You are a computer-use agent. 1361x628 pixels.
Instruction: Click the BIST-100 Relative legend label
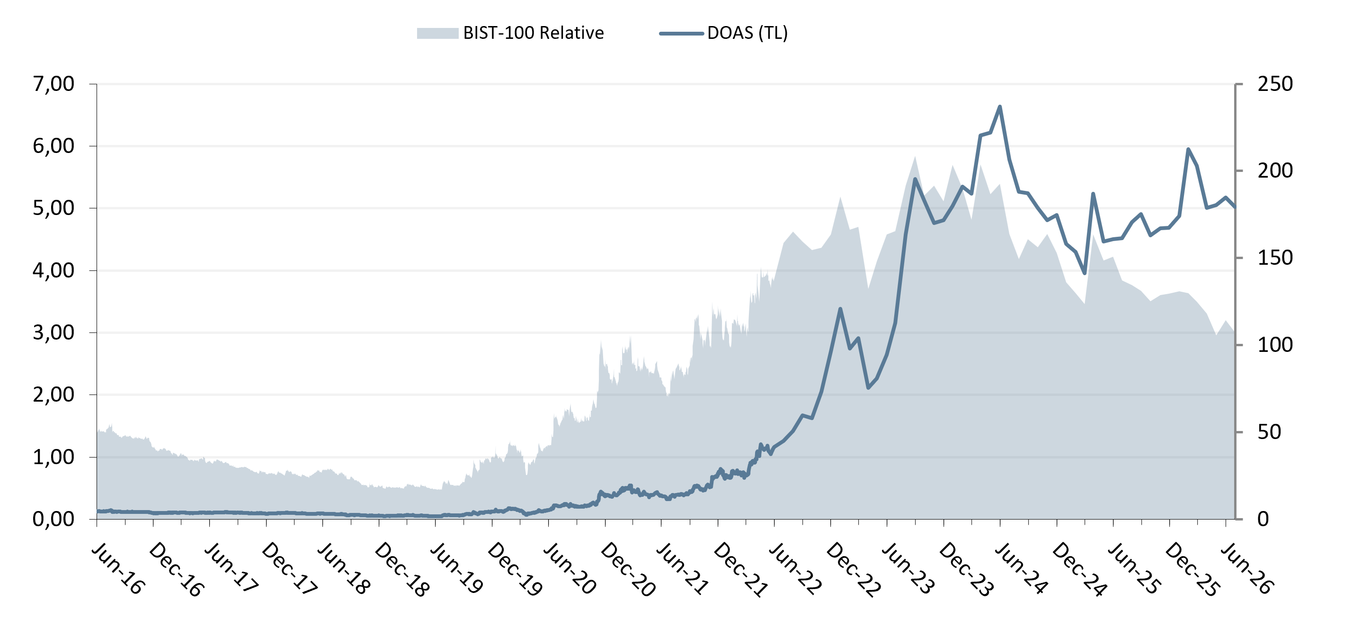point(533,33)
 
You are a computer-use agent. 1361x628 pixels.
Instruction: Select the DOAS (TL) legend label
point(747,33)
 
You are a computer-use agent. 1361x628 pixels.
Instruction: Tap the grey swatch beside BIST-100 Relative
point(437,33)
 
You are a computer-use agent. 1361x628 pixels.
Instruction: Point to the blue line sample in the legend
point(682,33)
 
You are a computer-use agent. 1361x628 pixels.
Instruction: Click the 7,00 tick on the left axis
point(53,83)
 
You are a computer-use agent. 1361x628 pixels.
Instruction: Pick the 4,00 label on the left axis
point(53,270)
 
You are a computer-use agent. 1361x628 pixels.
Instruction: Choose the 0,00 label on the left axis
point(53,519)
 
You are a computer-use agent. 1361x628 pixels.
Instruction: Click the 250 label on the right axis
point(1275,83)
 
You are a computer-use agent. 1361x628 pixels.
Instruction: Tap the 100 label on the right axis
point(1275,345)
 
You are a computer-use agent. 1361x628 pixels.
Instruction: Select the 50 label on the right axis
point(1269,432)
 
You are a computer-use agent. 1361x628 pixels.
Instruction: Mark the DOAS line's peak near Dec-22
point(840,309)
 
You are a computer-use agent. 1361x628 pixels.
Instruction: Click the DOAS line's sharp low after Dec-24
point(1085,273)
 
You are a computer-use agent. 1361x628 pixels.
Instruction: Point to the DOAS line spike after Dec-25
point(1188,149)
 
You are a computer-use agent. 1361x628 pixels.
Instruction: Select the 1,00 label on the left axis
point(53,457)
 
